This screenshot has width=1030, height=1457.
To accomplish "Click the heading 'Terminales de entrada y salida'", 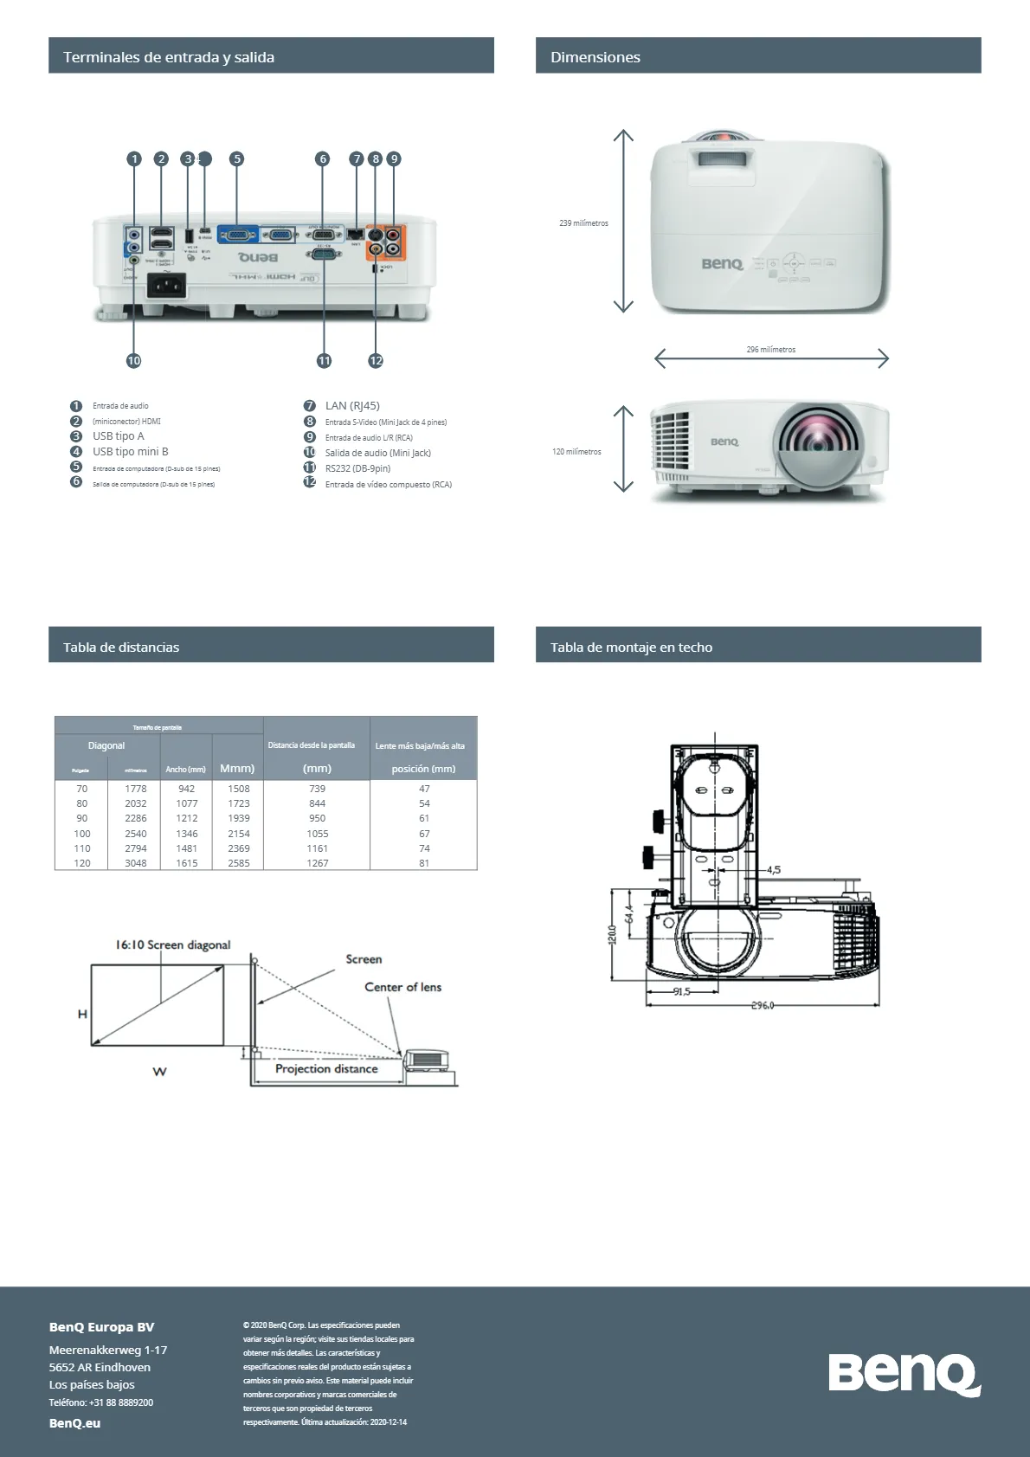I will click(x=169, y=57).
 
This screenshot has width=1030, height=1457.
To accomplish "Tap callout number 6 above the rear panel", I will click(x=323, y=158).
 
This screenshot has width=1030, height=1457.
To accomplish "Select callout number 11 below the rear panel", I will click(x=324, y=360).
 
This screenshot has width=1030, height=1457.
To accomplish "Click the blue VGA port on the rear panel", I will click(x=237, y=234).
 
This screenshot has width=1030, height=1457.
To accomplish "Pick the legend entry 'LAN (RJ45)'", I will click(x=352, y=405).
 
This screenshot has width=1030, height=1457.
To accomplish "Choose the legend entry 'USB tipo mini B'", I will click(x=131, y=451).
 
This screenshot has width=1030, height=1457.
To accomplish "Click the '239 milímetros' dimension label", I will click(x=583, y=223).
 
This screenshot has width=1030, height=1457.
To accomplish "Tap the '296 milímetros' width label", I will click(x=770, y=350).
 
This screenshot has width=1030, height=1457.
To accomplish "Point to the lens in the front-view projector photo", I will click(x=820, y=441).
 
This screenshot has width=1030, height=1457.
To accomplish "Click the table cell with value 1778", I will click(x=136, y=789).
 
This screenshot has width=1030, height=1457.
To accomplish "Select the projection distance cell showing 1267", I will click(x=318, y=863).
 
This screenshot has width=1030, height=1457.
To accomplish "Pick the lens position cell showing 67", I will click(x=424, y=834).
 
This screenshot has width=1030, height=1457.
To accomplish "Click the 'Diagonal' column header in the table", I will click(x=106, y=745).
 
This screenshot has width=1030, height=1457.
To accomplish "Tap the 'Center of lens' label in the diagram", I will click(x=402, y=987).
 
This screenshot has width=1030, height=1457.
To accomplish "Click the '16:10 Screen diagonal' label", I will click(x=173, y=944).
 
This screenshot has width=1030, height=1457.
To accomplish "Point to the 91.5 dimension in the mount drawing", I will click(x=681, y=991).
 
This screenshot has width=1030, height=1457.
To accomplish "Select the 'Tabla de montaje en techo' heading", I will click(x=631, y=648).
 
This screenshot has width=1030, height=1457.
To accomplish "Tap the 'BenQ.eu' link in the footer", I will click(x=75, y=1423).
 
